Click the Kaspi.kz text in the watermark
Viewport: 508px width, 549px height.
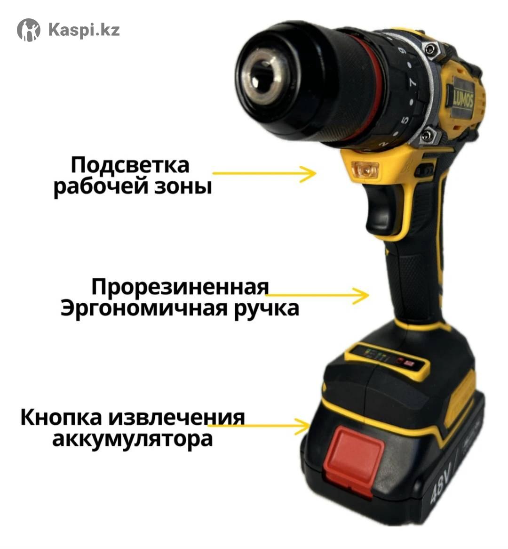[84, 29]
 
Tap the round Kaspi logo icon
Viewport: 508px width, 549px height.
[29, 30]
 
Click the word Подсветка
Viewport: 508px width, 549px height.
[130, 165]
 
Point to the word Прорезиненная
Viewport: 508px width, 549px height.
[180, 287]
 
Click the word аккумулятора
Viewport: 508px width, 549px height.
[133, 439]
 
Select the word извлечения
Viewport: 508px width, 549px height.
[177, 417]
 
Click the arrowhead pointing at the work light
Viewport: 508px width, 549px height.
[309, 173]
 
